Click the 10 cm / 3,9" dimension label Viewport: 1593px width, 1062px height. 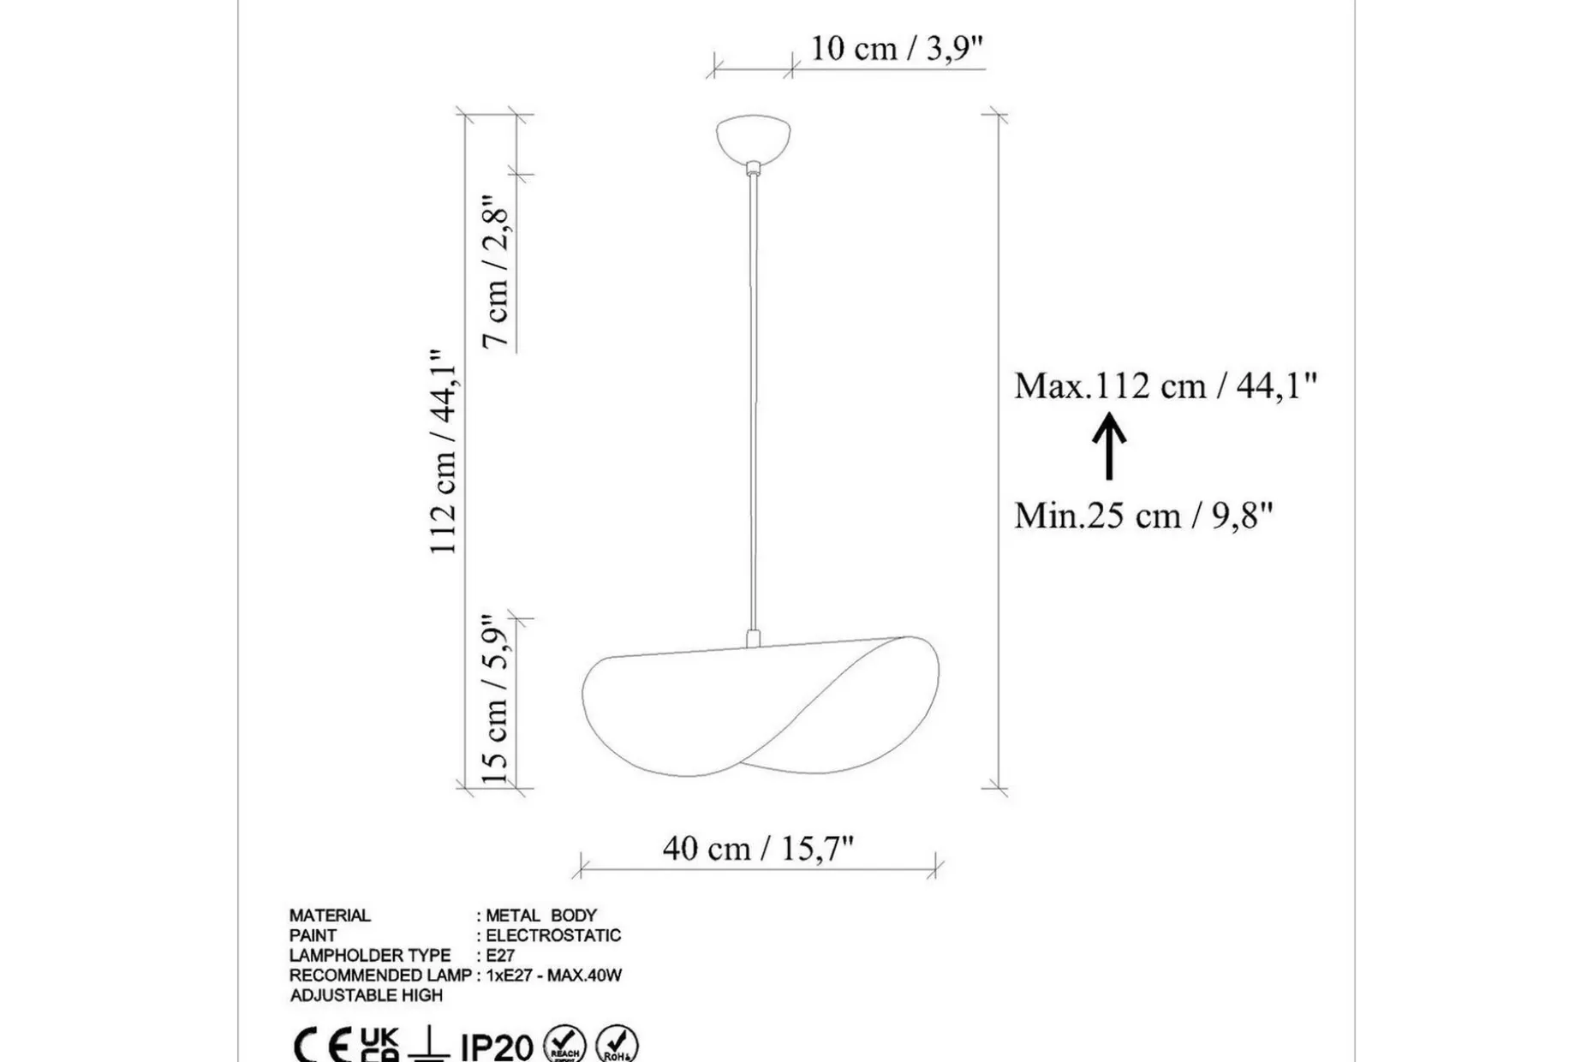point(897,48)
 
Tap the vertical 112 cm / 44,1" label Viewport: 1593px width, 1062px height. point(444,451)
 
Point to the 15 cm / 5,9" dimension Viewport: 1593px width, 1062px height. point(497,698)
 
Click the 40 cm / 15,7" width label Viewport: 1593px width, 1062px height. point(759,848)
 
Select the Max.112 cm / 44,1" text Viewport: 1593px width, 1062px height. point(1166,385)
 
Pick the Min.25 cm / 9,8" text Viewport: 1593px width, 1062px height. point(1143,516)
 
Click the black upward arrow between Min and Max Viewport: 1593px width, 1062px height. point(1109,446)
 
